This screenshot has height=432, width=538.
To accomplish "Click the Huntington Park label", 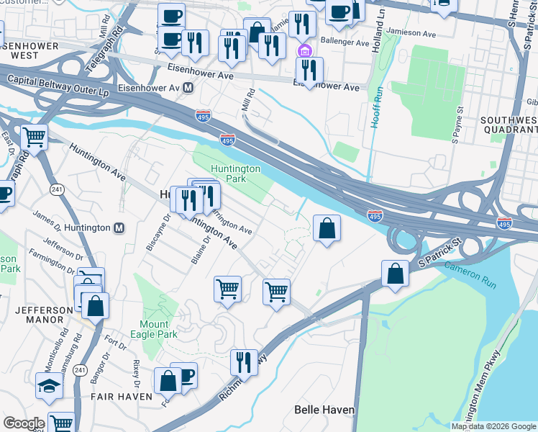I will (234, 174).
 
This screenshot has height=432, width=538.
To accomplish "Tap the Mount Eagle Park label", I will (153, 329).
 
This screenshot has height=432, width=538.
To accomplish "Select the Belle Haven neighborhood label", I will (324, 410).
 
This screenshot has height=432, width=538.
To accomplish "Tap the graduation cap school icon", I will (49, 387).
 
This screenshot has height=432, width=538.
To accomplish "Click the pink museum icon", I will (304, 50).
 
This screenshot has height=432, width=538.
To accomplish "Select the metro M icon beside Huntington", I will (119, 228).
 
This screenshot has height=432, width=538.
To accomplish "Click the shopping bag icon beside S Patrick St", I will (395, 274).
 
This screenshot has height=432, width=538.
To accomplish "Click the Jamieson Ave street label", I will (413, 32).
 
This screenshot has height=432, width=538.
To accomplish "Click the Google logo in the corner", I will (24, 423).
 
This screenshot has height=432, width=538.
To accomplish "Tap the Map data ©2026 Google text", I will (493, 426).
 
